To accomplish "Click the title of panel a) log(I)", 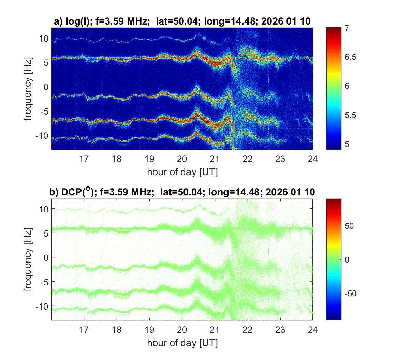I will click(x=182, y=21).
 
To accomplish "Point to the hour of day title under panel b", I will click(x=182, y=343).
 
